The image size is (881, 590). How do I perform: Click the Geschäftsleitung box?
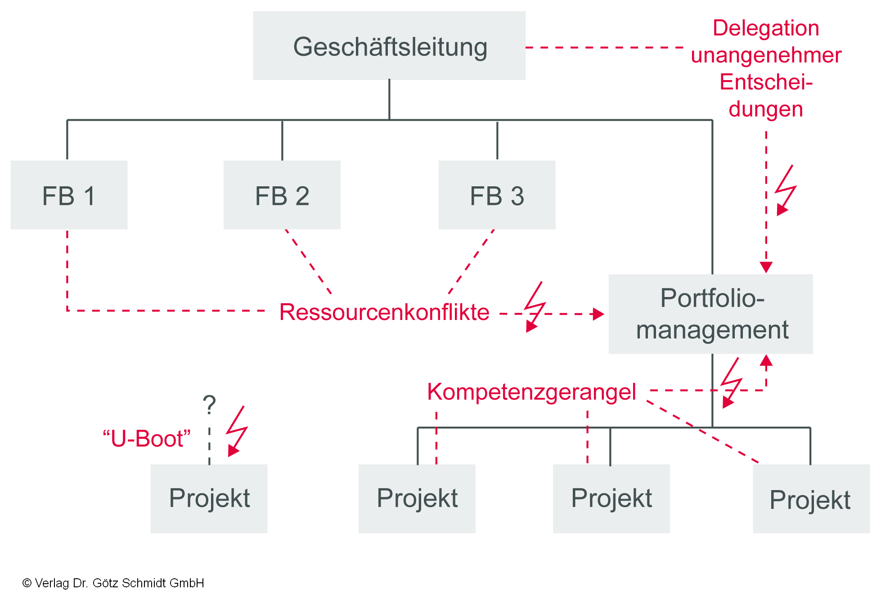pyautogui.click(x=389, y=46)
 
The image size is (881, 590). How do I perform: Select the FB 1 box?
pyautogui.click(x=69, y=195)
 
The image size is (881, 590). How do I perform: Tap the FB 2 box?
pyautogui.click(x=282, y=195)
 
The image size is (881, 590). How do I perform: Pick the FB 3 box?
pyautogui.click(x=497, y=195)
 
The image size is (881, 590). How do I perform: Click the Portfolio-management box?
pyautogui.click(x=711, y=314)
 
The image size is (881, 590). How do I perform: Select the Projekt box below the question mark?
pyautogui.click(x=209, y=498)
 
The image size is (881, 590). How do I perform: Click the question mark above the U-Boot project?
pyautogui.click(x=209, y=405)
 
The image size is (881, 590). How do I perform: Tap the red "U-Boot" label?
pyautogui.click(x=147, y=438)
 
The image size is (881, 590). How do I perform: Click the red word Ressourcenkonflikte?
pyautogui.click(x=384, y=312)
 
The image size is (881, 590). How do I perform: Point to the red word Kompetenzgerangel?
pyautogui.click(x=531, y=392)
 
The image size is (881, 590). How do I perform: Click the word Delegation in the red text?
pyautogui.click(x=766, y=28)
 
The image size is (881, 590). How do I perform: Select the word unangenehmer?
pyautogui.click(x=766, y=55)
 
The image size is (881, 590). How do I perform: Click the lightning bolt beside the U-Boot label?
pyautogui.click(x=237, y=431)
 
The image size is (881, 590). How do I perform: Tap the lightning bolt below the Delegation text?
pyautogui.click(x=786, y=190)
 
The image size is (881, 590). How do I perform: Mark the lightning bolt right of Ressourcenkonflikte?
pyautogui.click(x=535, y=307)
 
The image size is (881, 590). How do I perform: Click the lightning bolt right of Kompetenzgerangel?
pyautogui.click(x=731, y=383)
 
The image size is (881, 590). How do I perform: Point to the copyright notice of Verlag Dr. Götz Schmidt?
pyautogui.click(x=113, y=583)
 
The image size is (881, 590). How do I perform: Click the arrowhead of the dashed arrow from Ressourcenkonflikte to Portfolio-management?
pyautogui.click(x=598, y=314)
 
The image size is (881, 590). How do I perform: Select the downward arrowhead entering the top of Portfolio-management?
pyautogui.click(x=766, y=267)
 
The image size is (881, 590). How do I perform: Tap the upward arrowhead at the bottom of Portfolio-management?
pyautogui.click(x=766, y=360)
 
